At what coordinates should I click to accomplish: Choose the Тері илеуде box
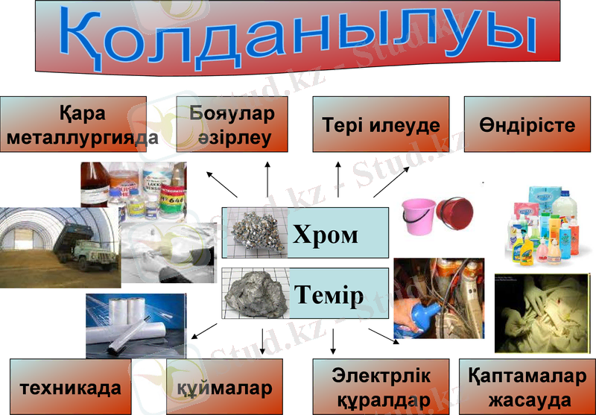coord(381,125)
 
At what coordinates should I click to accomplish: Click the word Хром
coord(325,235)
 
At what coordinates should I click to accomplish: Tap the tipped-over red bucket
coord(456,215)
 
